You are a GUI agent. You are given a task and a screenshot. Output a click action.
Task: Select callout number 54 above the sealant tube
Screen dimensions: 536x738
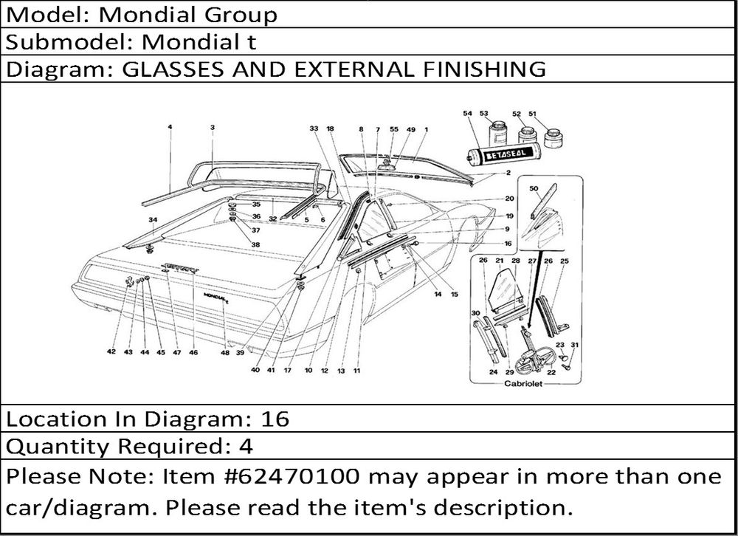467,114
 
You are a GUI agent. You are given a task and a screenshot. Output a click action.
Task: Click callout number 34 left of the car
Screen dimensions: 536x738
153,220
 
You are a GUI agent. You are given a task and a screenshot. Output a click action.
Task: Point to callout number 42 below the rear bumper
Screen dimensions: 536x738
111,352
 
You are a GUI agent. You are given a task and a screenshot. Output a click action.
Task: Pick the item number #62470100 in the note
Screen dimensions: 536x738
303,476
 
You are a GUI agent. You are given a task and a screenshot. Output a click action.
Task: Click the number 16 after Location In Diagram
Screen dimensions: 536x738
275,419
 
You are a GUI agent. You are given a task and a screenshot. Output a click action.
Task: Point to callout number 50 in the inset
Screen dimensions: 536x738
534,188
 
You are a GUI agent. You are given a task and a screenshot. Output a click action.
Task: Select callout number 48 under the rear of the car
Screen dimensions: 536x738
225,352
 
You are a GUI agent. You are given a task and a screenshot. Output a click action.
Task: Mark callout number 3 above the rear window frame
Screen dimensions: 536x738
212,128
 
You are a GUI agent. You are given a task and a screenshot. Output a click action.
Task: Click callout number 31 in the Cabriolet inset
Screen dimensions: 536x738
575,346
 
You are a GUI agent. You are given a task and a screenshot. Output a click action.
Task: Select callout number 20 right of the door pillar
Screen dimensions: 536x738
509,199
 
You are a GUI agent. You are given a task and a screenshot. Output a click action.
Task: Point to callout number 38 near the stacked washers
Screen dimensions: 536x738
255,244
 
